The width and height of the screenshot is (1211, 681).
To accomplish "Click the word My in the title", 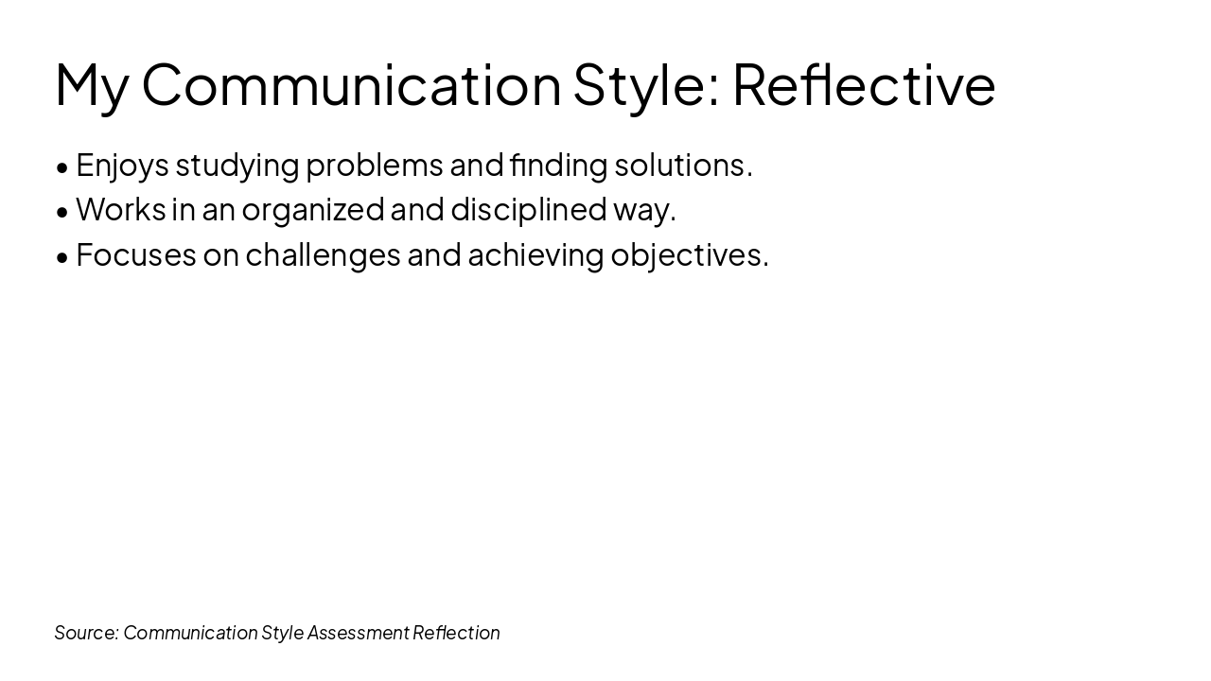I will point(91,85).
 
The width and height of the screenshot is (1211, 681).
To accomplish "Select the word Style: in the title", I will point(646,85).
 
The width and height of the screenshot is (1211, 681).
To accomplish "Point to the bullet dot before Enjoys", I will point(62,167).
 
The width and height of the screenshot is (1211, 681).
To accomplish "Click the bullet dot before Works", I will point(62,212).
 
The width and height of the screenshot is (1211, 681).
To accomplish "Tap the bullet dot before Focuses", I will point(62,257).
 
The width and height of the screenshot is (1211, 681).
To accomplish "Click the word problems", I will point(374,166).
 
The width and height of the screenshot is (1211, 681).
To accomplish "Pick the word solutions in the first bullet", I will point(680,166).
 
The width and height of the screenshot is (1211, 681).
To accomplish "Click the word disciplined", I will point(528,210).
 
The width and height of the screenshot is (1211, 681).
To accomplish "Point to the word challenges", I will point(323,255).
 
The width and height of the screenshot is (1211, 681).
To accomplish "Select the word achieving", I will point(535,255).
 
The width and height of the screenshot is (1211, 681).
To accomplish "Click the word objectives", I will point(687,255).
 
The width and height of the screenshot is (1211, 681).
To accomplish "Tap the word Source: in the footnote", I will point(86,633).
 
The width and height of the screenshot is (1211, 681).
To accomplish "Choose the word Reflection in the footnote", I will point(456,633).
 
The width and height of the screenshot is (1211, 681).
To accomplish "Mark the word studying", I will point(237,166).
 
